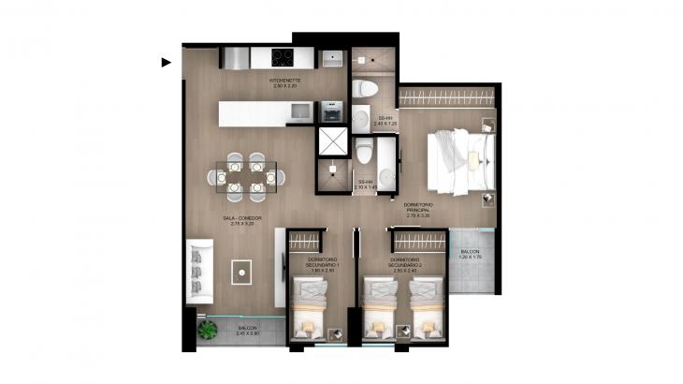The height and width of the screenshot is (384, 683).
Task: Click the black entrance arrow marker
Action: coord(166,63)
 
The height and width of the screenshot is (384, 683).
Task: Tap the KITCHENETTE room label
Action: coord(284,83)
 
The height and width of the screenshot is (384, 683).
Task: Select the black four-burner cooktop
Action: coord(283,57)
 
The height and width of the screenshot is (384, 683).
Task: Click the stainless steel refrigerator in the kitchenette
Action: coord(237,58)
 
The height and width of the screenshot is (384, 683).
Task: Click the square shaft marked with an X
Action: coord(331,140)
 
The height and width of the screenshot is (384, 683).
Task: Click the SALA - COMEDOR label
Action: coord(241,221)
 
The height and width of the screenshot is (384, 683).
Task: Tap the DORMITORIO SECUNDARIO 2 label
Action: coord(404,262)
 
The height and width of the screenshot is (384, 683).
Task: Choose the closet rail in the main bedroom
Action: coord(447,96)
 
